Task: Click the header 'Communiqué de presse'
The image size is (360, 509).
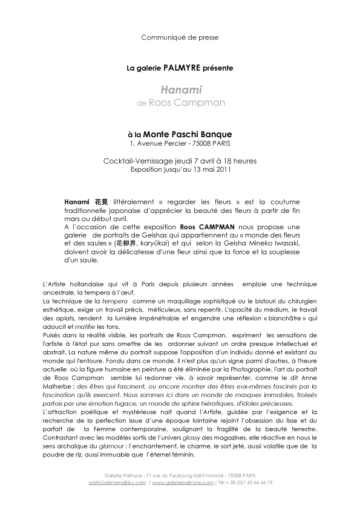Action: [180, 37]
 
